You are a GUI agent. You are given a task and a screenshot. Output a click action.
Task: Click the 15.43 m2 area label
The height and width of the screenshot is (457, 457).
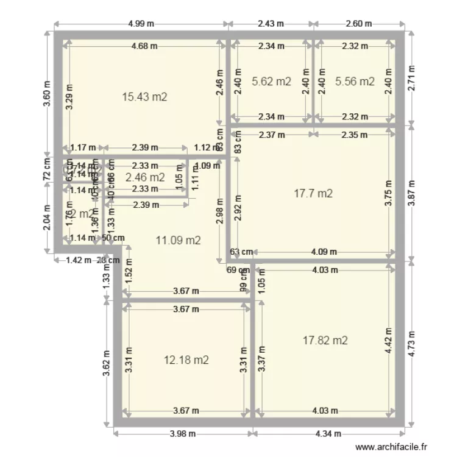144,96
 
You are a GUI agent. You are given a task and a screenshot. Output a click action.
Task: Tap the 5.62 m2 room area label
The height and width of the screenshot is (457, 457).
271,81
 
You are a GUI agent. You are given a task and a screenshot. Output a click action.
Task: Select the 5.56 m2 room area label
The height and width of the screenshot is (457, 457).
355,81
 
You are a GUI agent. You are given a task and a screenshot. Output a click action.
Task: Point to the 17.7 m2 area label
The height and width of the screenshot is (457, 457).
313,194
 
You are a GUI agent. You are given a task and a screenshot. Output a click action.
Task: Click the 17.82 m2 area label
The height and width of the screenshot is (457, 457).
325,340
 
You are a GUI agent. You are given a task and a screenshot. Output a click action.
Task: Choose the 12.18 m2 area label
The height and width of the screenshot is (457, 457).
186,360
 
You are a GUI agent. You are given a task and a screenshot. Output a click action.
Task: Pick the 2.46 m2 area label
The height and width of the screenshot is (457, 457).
144,177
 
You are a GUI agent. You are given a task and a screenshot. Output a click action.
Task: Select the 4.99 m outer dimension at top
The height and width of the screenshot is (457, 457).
141,24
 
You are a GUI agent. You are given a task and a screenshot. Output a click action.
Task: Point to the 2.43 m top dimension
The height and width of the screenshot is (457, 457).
271,24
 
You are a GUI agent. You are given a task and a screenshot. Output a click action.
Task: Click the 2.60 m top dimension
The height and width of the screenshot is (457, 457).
358,24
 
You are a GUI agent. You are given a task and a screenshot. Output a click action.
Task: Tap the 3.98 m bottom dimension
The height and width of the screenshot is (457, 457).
183,434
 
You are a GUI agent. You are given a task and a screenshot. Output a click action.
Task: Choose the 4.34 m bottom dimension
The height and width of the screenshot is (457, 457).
328,434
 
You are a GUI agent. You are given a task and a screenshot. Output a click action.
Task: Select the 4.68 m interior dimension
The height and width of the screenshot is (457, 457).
144,46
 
